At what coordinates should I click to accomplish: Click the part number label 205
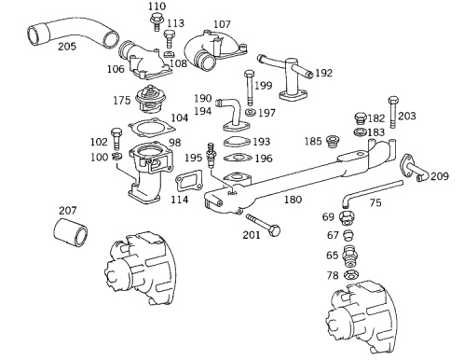pos(67,47)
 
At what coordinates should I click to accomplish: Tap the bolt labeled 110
pos(157,21)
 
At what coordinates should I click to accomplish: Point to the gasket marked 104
pos(152,128)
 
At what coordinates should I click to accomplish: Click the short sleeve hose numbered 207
pos(70,233)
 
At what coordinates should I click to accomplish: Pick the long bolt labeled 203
pos(393,113)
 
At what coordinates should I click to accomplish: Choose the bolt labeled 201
pos(264,225)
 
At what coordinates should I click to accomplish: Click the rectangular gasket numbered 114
pos(189,183)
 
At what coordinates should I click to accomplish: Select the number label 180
pos(293,200)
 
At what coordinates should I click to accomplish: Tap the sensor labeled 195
pos(212,155)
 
